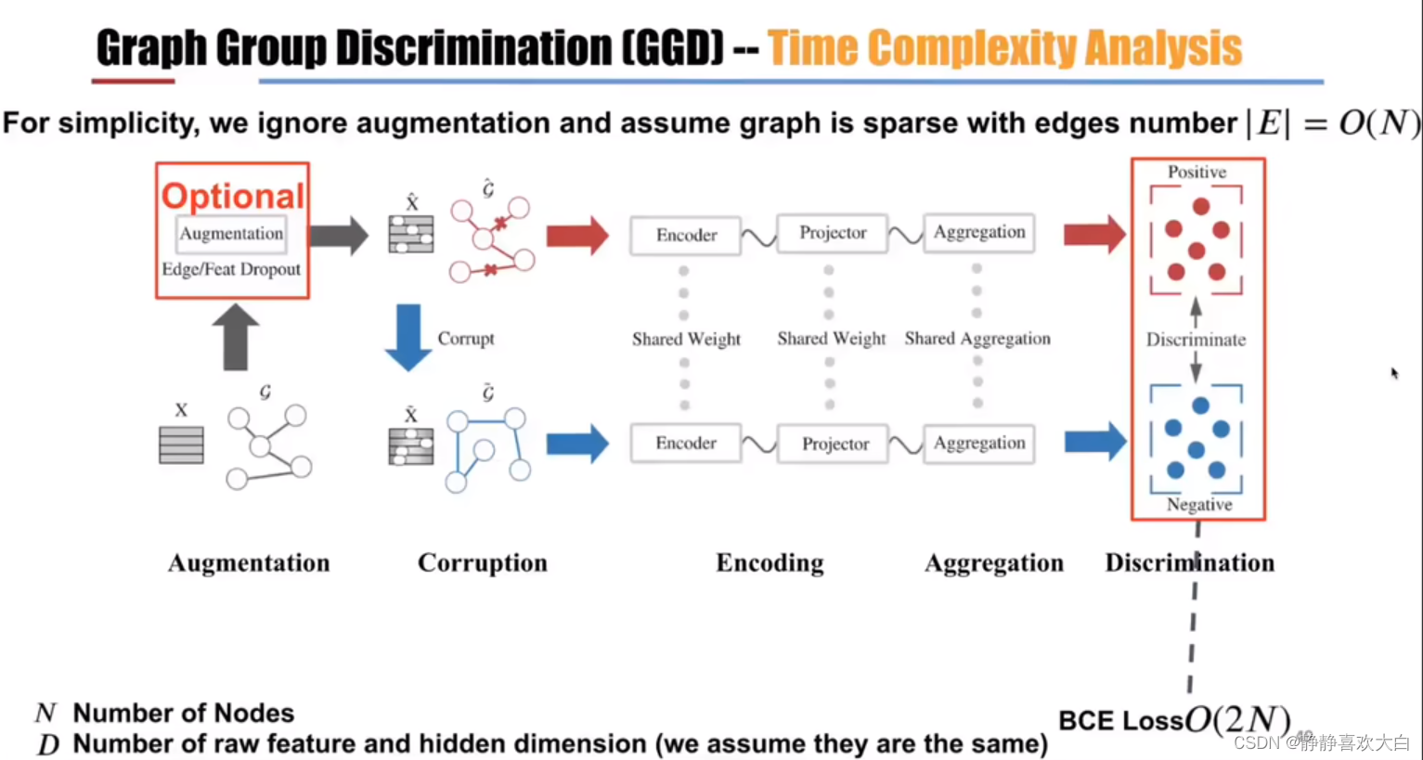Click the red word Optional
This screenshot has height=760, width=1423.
232,196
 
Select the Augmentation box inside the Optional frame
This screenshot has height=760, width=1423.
231,234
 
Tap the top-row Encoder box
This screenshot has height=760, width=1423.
686,236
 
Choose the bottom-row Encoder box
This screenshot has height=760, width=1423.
686,444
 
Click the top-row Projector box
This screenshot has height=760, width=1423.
833,233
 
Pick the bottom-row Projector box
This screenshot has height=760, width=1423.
834,444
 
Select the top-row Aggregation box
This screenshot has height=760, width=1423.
979,232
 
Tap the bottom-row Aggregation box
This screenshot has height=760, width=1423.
979,444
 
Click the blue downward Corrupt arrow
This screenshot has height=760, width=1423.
407,337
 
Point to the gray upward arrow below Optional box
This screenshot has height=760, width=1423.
235,337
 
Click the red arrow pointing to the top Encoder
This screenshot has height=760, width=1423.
576,235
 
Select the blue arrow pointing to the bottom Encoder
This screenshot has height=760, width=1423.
576,444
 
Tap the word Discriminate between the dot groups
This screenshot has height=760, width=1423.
1196,340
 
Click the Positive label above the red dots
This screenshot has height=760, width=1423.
1197,173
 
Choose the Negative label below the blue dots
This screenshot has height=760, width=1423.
1199,505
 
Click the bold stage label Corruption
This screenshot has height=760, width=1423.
482,563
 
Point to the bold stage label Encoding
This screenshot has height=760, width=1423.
770,563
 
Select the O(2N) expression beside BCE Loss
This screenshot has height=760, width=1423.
1237,719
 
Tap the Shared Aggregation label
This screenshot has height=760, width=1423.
977,339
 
